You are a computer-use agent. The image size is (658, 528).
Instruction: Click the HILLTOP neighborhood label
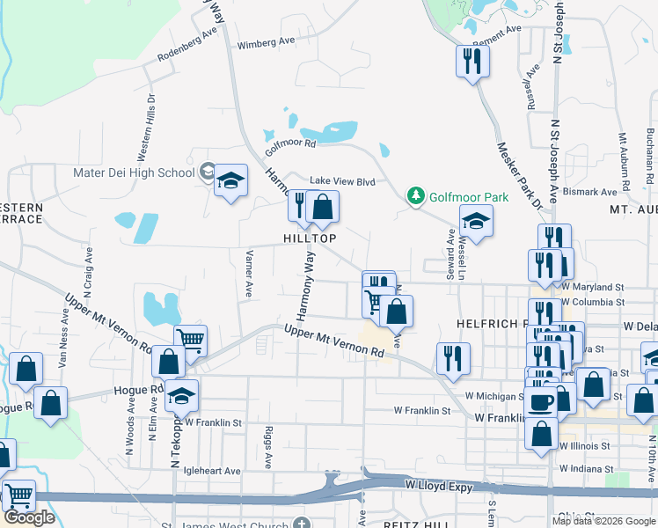(x=309, y=238)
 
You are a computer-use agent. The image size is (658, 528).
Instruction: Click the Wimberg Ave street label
(x=267, y=41)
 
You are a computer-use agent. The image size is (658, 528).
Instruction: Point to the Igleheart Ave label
(x=211, y=471)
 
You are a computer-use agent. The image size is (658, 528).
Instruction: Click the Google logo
(x=29, y=517)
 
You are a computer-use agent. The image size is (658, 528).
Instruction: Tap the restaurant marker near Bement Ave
(x=472, y=61)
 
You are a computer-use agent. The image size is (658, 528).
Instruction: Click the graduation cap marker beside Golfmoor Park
(x=476, y=221)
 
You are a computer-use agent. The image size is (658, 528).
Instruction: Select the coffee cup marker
(x=540, y=401)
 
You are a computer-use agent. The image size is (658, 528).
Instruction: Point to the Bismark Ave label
(x=591, y=192)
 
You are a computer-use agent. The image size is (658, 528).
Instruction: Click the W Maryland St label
(x=593, y=287)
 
